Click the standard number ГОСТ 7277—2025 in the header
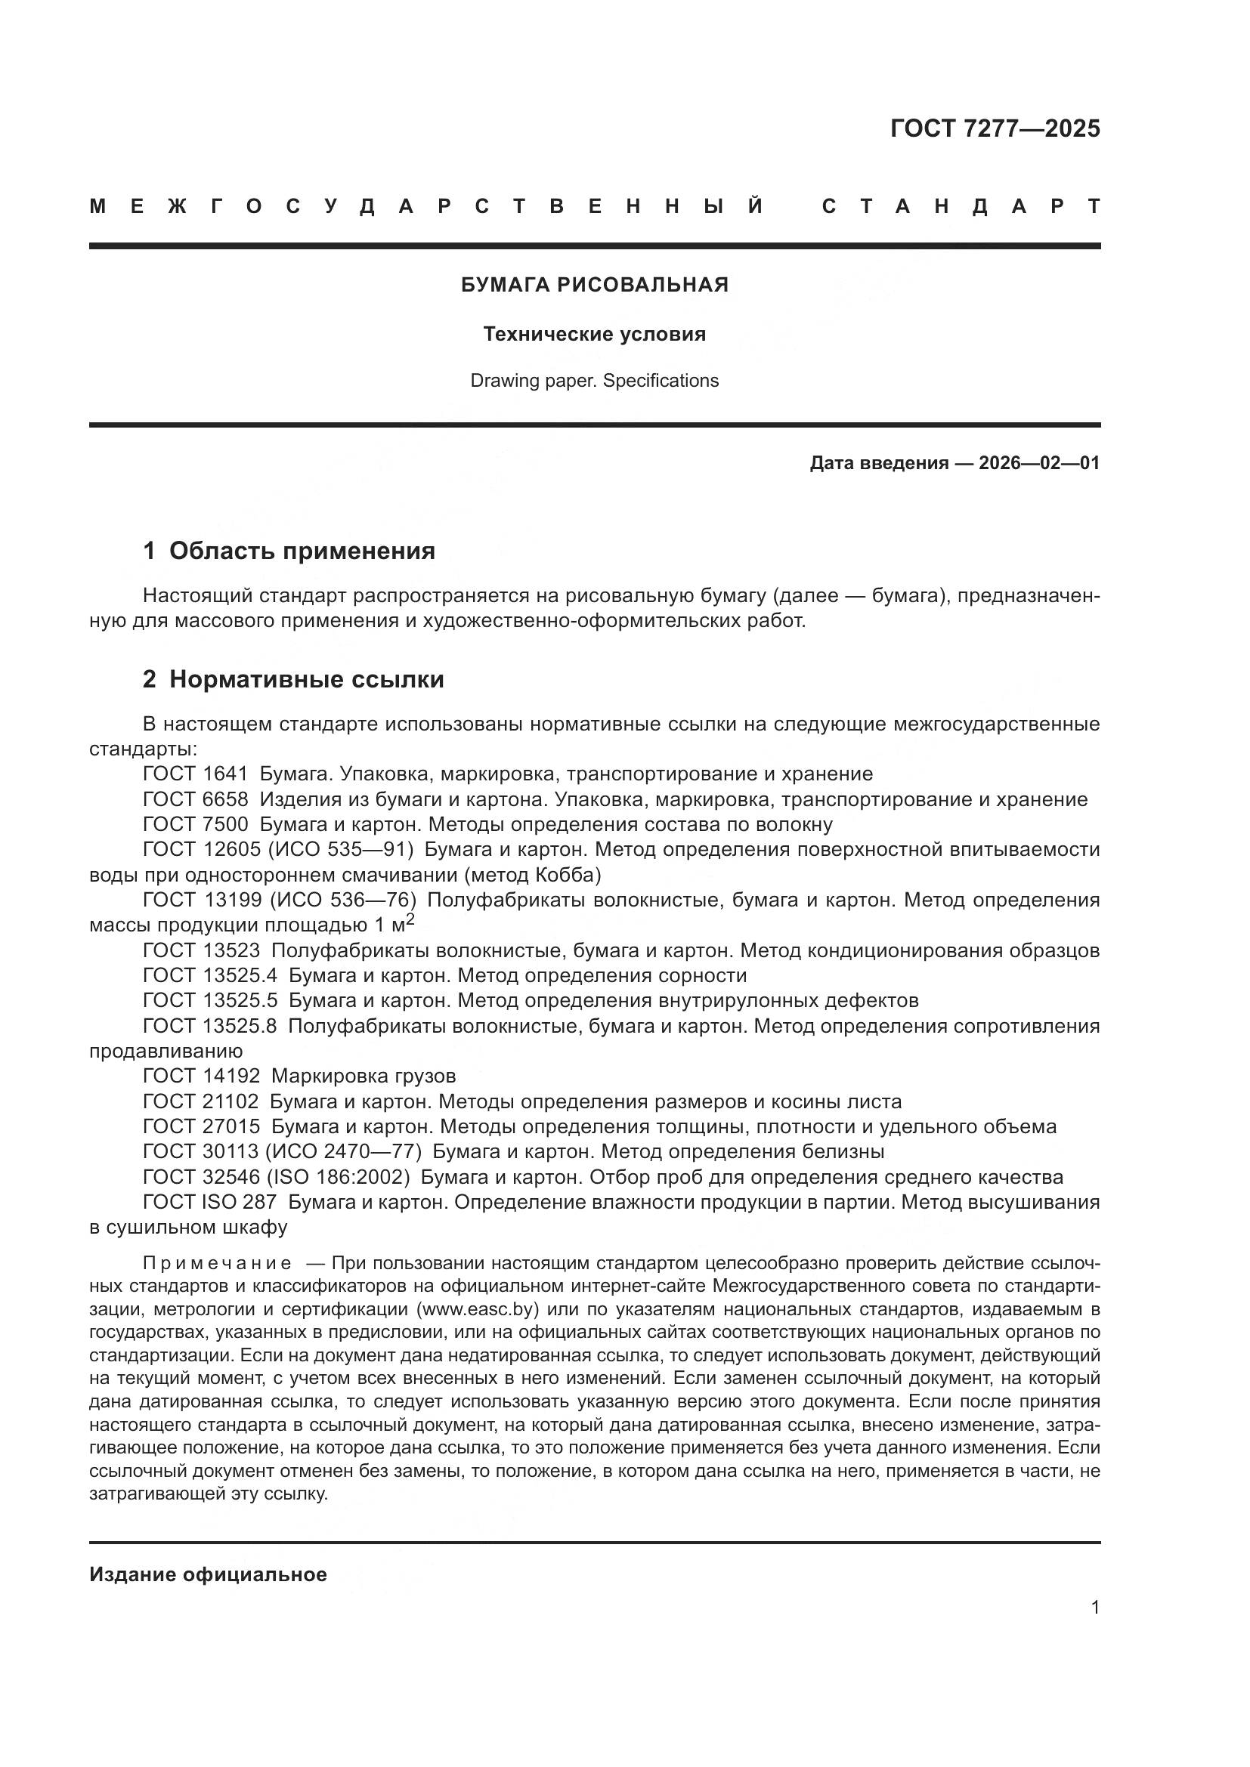995,128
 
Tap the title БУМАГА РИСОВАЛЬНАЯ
594,286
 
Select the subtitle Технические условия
594,335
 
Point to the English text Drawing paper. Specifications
594,381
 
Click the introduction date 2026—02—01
1039,463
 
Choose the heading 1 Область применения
289,551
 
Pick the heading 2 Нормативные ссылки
293,680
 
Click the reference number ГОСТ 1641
196,774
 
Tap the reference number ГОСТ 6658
196,799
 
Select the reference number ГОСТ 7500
196,825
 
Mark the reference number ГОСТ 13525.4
209,976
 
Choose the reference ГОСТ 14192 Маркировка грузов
299,1076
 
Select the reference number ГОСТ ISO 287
209,1202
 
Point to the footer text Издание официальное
208,1574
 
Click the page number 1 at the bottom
1095,1623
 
